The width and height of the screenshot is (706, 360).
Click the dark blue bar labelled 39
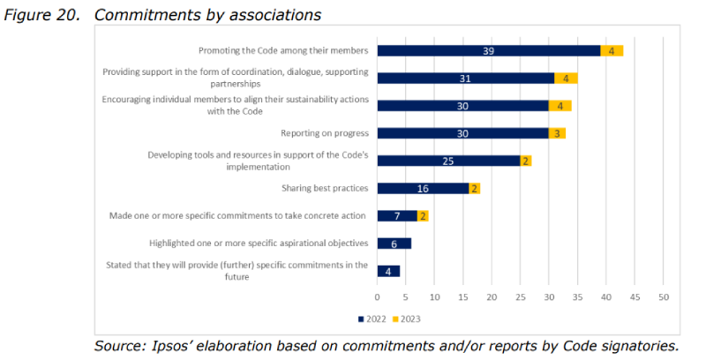pos(488,51)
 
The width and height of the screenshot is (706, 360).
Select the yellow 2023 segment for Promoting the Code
pos(612,51)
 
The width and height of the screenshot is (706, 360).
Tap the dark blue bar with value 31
pos(465,79)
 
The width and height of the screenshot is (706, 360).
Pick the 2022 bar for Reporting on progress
pos(462,133)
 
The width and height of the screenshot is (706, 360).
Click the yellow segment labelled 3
pos(557,133)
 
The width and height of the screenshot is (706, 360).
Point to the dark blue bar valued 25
pos(448,161)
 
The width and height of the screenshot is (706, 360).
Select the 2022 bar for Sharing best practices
pos(423,188)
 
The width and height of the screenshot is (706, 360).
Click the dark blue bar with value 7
pos(397,215)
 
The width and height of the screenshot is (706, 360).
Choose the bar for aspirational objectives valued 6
pos(394,243)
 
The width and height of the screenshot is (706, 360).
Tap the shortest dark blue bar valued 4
pos(388,270)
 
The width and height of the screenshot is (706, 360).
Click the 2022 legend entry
pos(372,318)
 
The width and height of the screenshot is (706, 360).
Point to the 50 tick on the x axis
pos(663,297)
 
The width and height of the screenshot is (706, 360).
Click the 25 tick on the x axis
pos(520,297)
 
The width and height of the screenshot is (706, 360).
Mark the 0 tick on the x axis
pos(377,297)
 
